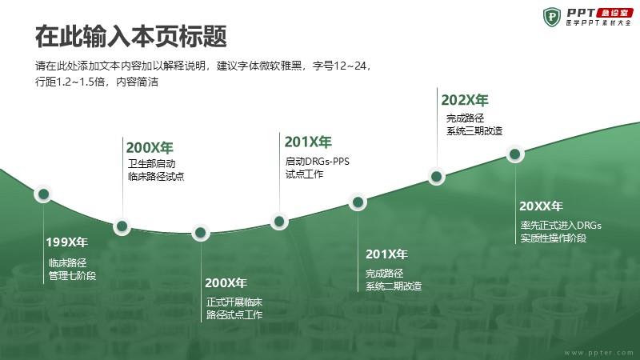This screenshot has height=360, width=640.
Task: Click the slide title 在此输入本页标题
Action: tap(130, 36)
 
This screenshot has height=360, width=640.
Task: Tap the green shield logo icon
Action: tap(552, 17)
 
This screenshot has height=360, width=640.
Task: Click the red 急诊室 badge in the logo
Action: tap(614, 13)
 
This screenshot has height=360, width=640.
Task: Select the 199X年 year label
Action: tap(66, 242)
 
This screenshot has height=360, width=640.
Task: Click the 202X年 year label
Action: tap(465, 100)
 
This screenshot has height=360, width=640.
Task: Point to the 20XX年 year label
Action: tap(541, 206)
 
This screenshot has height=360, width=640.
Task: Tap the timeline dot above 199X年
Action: tap(43, 194)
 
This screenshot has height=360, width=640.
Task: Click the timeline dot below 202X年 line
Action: tap(436, 176)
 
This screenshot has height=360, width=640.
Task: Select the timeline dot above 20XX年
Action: tap(515, 154)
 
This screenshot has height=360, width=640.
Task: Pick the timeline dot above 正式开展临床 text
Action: tap(201, 233)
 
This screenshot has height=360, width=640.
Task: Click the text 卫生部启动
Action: tap(151, 164)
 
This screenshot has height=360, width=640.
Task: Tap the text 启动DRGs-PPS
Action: tap(317, 162)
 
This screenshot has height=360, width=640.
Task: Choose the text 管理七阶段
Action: tap(72, 276)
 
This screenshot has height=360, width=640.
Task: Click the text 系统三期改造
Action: tap(474, 131)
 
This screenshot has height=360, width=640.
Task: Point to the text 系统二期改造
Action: tap(394, 286)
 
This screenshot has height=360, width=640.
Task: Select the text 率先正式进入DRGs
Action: tap(561, 226)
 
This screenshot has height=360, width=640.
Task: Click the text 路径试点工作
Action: tap(234, 314)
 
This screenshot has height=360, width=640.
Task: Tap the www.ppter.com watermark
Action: tap(598, 352)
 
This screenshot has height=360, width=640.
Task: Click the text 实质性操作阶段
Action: tap(554, 238)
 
